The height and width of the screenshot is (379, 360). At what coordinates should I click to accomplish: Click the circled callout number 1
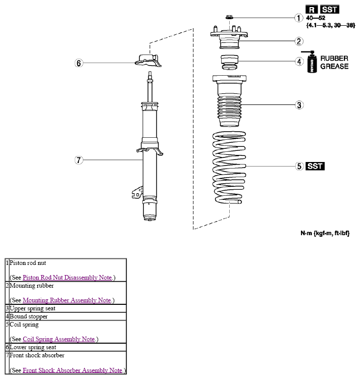point(299,18)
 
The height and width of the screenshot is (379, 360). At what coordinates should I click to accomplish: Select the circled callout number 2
point(299,41)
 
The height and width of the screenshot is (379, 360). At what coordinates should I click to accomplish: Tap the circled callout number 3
point(299,105)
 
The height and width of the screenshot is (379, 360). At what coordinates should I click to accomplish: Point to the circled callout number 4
point(299,62)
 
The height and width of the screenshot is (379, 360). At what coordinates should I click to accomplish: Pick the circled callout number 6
point(79,63)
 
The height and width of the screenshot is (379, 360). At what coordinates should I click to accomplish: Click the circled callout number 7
point(79,160)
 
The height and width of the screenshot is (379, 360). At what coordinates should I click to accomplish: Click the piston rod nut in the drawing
point(229,17)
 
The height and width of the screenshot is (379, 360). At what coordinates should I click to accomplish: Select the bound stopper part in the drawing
point(229,63)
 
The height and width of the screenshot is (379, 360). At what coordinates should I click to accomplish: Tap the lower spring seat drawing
point(148,61)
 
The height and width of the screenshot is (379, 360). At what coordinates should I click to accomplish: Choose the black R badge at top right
point(312,10)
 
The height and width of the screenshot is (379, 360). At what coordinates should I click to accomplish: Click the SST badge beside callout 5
point(315,167)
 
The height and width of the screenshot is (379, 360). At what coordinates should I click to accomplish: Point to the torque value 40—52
point(316,18)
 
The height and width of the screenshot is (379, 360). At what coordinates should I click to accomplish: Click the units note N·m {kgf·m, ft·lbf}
point(325,233)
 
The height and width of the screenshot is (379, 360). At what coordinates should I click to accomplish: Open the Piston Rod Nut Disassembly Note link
point(67,278)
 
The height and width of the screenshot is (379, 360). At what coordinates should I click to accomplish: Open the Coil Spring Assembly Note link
point(59,339)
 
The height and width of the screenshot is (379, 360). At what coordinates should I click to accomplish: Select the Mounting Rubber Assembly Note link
point(67,300)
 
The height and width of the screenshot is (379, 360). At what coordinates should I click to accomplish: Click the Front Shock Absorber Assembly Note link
point(73,370)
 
